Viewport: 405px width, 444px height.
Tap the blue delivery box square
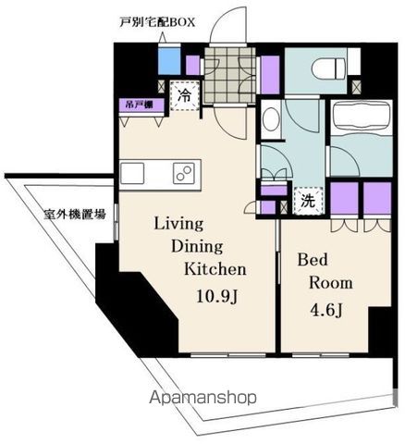(168, 62)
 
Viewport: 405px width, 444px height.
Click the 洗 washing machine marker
(304, 198)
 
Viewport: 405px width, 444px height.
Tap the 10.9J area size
(216, 296)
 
